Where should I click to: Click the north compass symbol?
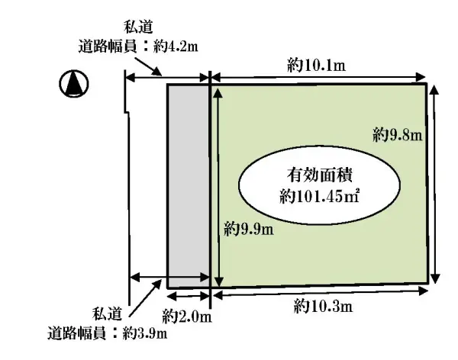pos(73,84)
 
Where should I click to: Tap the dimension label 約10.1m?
pos(316,66)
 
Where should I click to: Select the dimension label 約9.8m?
pos(398,135)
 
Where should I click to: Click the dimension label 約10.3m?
pos(323,307)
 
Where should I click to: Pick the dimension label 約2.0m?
pos(187,314)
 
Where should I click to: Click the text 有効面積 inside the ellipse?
pos(320,172)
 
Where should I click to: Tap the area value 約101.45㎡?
pos(320,195)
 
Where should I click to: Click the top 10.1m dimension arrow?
pos(318,76)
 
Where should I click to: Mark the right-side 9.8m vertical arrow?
pos(435,183)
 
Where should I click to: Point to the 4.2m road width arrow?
pos(167,76)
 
